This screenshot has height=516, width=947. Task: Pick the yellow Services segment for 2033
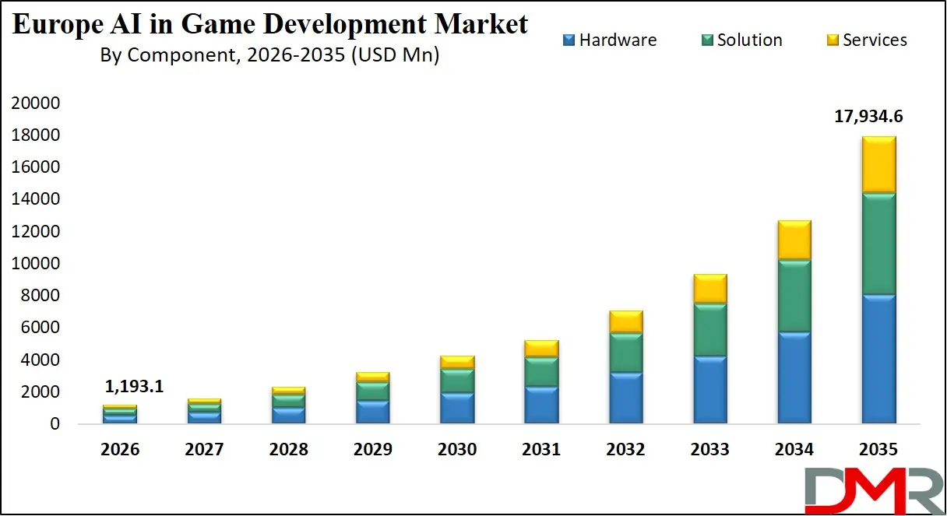709,289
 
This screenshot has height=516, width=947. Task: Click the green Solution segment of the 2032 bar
625,353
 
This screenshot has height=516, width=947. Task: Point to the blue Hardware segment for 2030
457,408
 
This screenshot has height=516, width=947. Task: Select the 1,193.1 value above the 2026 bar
133,386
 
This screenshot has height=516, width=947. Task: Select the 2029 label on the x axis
373,450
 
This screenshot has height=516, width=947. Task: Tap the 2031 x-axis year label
541,450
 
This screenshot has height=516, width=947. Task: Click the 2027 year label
205,450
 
